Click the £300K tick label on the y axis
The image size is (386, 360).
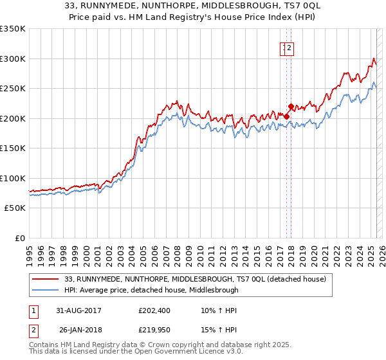pos(13,59)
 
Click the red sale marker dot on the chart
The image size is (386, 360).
pos(291,107)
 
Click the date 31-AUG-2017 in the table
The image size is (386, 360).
pos(80,310)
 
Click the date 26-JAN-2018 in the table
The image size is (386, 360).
pos(80,331)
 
